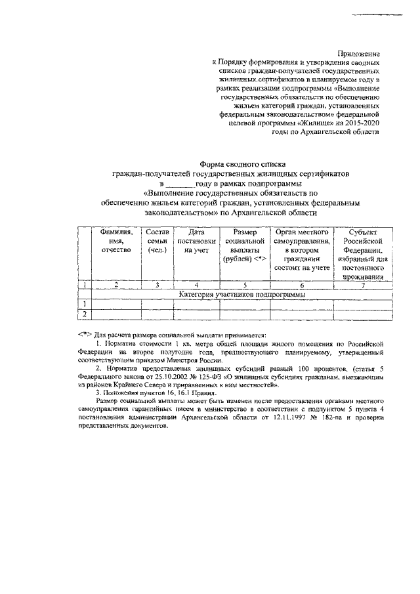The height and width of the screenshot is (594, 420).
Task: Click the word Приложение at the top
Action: click(358, 52)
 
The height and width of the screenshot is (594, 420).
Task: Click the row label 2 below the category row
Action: click(84, 314)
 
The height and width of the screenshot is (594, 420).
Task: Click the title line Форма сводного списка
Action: click(242, 164)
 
